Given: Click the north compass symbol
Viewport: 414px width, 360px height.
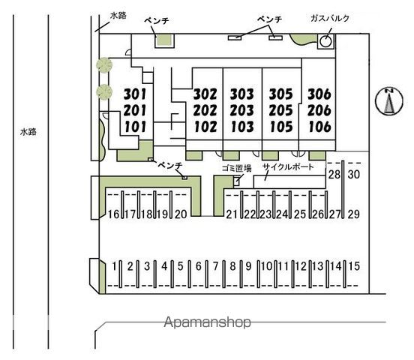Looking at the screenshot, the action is click(x=389, y=101).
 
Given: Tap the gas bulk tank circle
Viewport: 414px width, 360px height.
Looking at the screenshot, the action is click(x=325, y=41).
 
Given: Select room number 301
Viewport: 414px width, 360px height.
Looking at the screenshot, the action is click(x=135, y=94).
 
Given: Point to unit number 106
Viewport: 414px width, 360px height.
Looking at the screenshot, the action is click(x=319, y=127).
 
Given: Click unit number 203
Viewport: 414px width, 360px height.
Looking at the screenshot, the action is click(x=241, y=110).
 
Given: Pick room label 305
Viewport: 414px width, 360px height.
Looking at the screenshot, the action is click(x=281, y=94).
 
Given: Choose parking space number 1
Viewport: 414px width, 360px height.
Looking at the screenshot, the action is click(x=114, y=265).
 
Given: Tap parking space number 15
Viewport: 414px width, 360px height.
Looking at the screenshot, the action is click(x=354, y=265).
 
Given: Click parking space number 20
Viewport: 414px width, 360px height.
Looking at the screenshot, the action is click(x=181, y=214).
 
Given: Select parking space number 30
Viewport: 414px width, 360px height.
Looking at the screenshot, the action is click(x=354, y=174).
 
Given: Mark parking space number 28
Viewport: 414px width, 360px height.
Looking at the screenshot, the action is click(x=334, y=174).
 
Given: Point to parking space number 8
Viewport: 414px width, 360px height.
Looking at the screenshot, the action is click(x=232, y=265).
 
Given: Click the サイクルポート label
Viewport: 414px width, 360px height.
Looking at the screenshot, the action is click(x=288, y=166).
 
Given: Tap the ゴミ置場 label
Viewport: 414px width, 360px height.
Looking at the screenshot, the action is click(x=236, y=168).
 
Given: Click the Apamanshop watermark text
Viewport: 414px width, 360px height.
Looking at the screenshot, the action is click(x=208, y=322).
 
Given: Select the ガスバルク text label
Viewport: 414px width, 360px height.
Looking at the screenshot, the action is click(x=330, y=18).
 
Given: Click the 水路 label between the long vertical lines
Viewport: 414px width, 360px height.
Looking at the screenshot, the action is click(x=28, y=132).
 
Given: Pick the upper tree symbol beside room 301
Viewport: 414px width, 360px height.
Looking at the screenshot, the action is click(x=104, y=64).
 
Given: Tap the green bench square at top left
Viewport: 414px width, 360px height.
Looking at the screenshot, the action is click(x=164, y=41).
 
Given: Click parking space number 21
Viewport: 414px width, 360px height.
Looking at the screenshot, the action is click(x=232, y=214).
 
